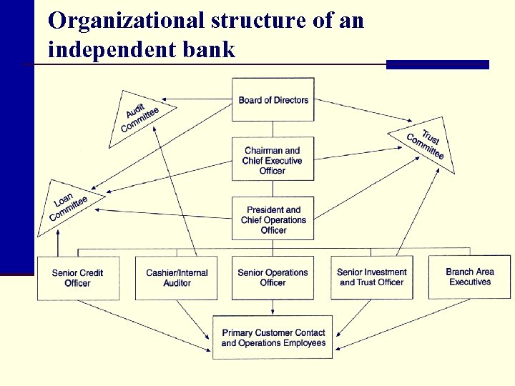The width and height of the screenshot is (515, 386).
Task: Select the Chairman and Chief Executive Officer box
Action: (x=273, y=160)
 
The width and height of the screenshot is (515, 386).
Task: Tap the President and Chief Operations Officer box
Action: (x=273, y=219)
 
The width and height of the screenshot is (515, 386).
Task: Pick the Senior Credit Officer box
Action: (x=77, y=277)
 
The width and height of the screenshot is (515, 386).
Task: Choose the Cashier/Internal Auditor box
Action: (x=177, y=277)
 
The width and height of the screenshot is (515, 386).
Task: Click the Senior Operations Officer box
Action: (x=273, y=277)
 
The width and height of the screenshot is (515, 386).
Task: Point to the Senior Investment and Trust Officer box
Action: (x=371, y=277)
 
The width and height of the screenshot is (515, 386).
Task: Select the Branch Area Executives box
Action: (x=469, y=277)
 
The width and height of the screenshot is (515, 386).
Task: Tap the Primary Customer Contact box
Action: (x=273, y=337)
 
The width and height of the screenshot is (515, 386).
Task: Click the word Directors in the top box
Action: (x=290, y=100)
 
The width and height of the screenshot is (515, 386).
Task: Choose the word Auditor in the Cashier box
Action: (x=177, y=283)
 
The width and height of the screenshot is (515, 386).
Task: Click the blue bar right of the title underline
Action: (x=437, y=64)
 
